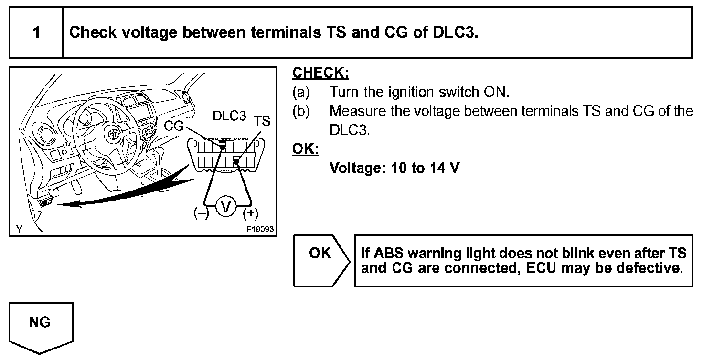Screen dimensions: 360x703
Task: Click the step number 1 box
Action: pyautogui.click(x=36, y=32)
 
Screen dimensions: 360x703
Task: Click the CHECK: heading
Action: pyautogui.click(x=320, y=73)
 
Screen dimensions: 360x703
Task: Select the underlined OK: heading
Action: pyautogui.click(x=305, y=149)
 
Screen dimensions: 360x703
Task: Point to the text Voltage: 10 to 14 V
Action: pyautogui.click(x=394, y=168)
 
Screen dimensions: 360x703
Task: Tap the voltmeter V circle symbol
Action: pyautogui.click(x=226, y=207)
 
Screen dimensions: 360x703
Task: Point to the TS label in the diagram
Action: pyautogui.click(x=262, y=121)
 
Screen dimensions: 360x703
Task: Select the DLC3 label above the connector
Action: pyautogui.click(x=229, y=116)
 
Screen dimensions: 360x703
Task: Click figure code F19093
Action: pyautogui.click(x=260, y=229)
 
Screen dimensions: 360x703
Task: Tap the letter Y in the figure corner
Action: pyautogui.click(x=19, y=229)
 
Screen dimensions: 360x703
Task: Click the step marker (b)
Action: pyautogui.click(x=301, y=111)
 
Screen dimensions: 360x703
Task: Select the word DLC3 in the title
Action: pyautogui.click(x=454, y=32)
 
